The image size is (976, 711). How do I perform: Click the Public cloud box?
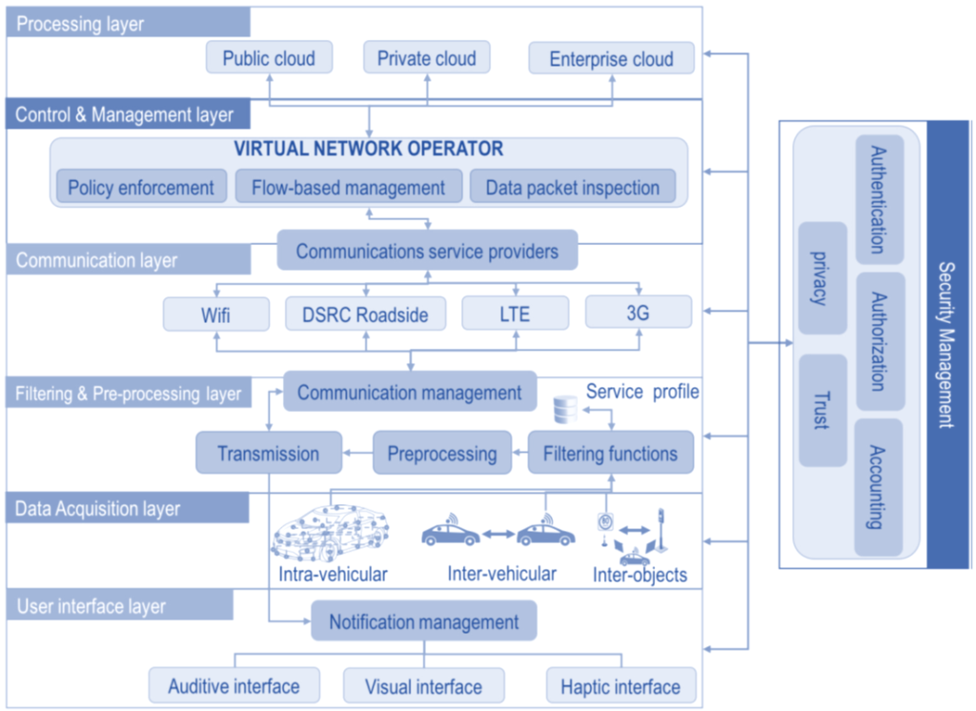(x=269, y=58)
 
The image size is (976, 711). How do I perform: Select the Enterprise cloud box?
(x=611, y=58)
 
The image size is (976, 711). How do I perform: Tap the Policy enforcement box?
(x=141, y=187)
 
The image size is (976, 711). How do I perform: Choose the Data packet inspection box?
(x=573, y=187)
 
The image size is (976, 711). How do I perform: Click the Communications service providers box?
(x=427, y=251)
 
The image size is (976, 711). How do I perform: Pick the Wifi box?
(x=216, y=314)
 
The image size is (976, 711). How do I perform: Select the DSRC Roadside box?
(x=365, y=314)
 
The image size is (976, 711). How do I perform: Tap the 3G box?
(x=639, y=312)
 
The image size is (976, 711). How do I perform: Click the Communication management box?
(x=410, y=392)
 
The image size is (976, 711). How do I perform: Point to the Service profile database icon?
(x=565, y=410)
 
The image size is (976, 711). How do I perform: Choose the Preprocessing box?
(x=442, y=453)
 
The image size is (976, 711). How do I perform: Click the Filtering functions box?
(x=611, y=453)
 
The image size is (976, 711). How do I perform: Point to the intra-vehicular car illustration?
(x=330, y=534)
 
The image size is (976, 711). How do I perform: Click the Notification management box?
(x=424, y=620)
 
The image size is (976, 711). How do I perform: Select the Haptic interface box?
(x=621, y=686)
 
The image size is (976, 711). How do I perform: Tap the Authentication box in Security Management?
(x=880, y=199)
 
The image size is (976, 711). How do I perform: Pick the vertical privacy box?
(x=823, y=277)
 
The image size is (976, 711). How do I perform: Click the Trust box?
(x=823, y=410)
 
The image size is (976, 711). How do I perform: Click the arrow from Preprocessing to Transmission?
(x=357, y=453)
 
